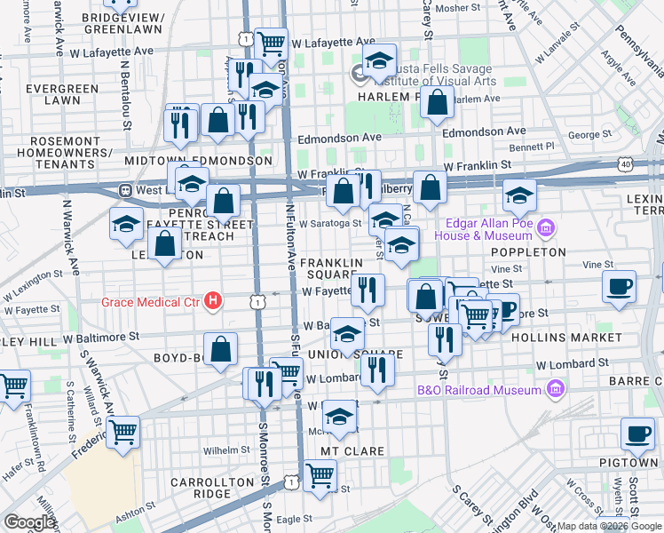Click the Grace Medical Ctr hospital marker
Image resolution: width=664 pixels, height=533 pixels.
coord(213,302)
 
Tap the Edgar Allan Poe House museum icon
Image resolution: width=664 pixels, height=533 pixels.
coord(545,228)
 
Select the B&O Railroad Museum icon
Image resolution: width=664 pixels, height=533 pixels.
coord(555,389)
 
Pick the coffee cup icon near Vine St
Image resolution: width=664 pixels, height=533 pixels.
coord(620,285)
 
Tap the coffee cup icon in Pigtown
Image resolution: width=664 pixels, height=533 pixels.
coord(637,432)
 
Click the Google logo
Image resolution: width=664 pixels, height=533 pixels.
coord(29,522)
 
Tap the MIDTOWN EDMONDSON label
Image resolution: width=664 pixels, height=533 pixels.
coord(198,160)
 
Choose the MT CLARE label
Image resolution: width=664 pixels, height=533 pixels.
coord(352,451)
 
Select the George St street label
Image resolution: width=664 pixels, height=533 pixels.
coord(585,135)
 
